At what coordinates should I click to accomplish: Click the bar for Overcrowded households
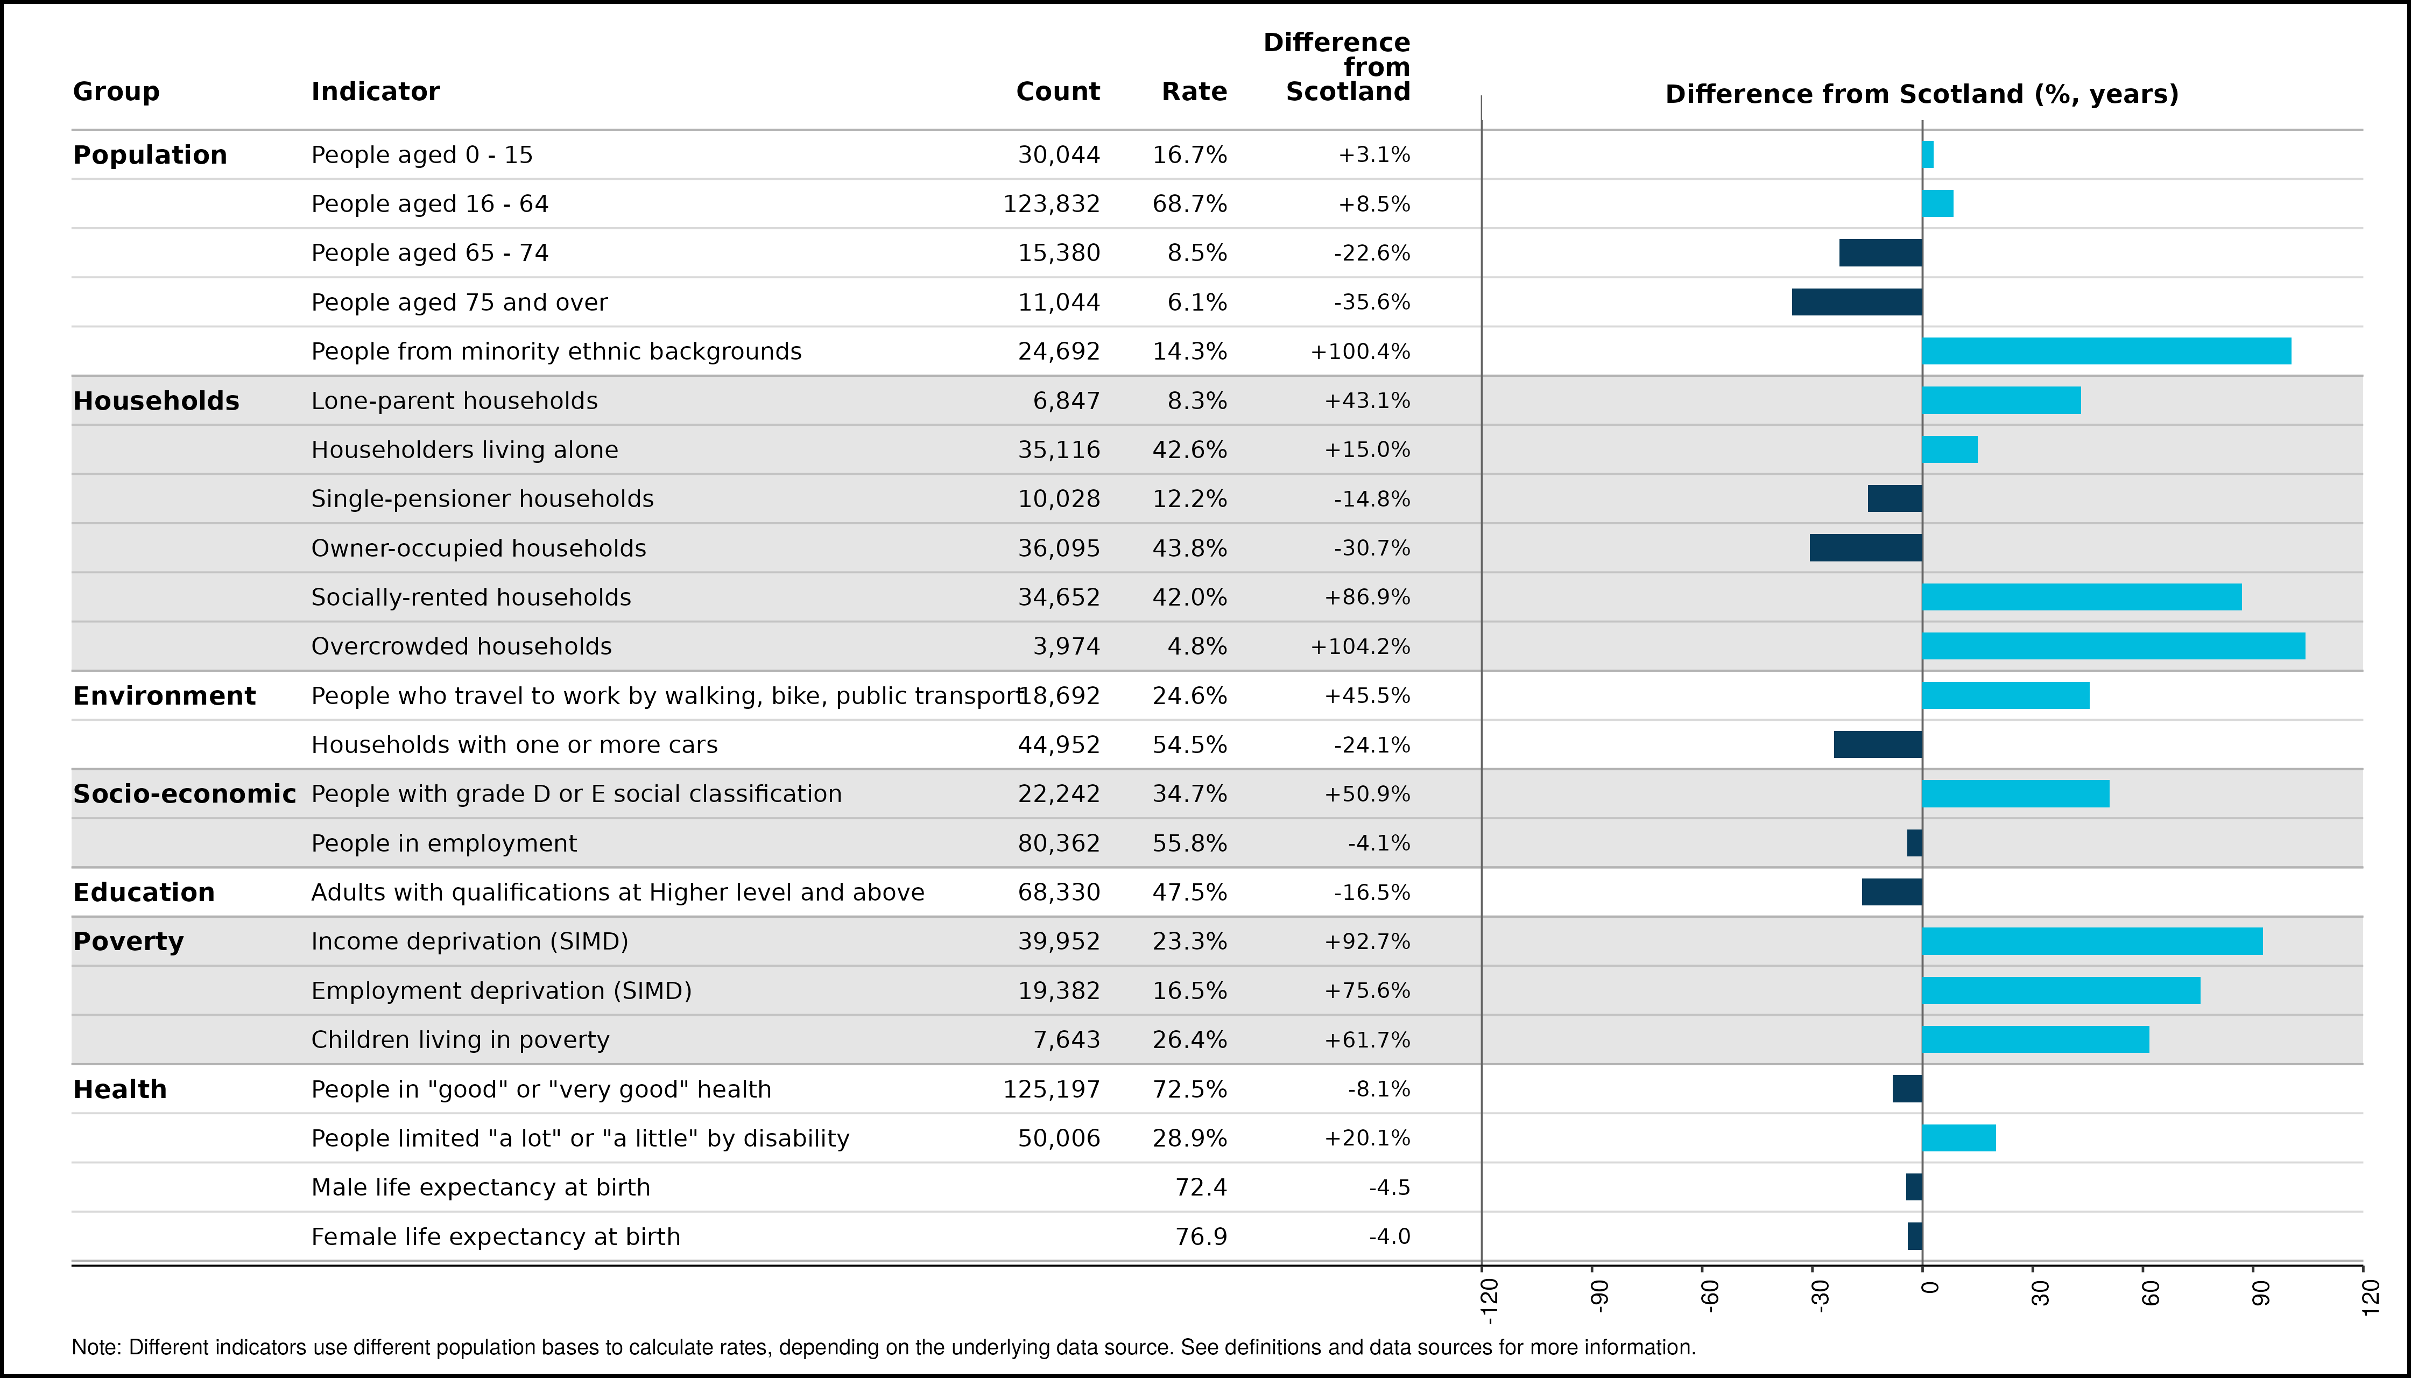[x=2113, y=646]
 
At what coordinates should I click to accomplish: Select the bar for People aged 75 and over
[x=1857, y=302]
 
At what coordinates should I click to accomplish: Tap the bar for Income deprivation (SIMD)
[x=2092, y=941]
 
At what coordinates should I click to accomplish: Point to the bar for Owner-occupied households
[x=1866, y=548]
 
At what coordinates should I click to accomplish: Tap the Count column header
[x=1058, y=92]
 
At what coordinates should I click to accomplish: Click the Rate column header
[x=1194, y=92]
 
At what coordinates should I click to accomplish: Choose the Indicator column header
[x=376, y=92]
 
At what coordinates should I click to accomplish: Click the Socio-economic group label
[x=185, y=794]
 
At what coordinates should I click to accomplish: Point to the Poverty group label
[x=129, y=941]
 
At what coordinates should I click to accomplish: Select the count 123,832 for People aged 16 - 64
[x=1051, y=205]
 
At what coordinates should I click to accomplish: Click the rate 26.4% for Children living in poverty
[x=1189, y=1040]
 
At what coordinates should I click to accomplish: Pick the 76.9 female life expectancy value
[x=1201, y=1237]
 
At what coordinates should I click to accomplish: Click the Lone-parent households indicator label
[x=454, y=401]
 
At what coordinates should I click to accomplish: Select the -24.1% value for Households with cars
[x=1372, y=746]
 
